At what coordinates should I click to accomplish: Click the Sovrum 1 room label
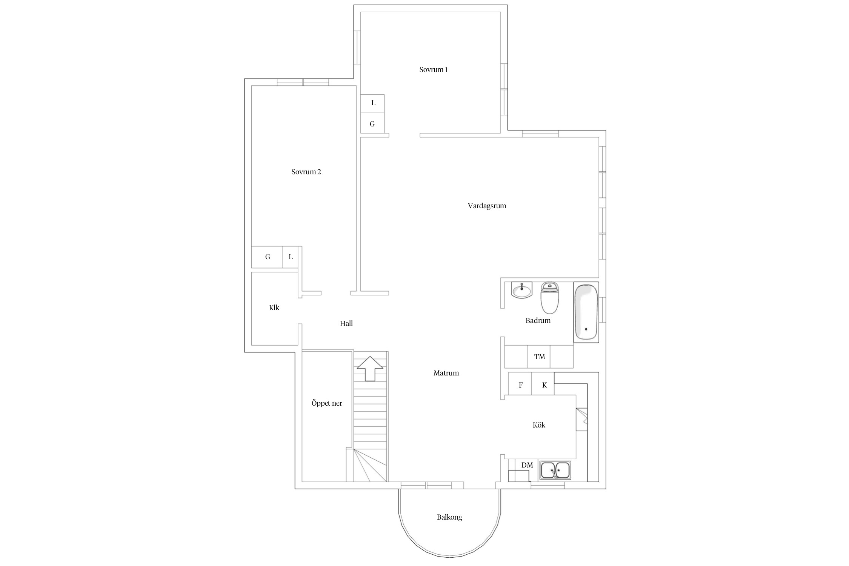tap(434, 70)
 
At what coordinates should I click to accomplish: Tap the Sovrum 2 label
tap(306, 172)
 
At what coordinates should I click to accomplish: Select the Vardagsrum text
tap(487, 206)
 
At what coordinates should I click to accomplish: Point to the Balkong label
tap(449, 517)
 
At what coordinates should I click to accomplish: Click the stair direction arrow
tap(370, 368)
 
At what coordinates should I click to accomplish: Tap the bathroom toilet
tap(550, 298)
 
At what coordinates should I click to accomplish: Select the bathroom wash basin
tap(522, 290)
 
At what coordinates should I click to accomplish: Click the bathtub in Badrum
tap(586, 312)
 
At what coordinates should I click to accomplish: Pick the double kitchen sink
tap(555, 470)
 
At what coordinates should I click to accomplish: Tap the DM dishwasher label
tap(527, 465)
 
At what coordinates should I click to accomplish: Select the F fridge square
tap(520, 384)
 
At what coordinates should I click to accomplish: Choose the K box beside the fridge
tap(543, 384)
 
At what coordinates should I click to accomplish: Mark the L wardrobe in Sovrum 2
tap(291, 257)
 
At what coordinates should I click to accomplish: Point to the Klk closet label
tap(274, 308)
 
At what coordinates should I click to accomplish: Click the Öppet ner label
tap(327, 403)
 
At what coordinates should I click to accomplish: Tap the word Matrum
tap(446, 373)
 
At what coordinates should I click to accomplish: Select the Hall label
tap(346, 324)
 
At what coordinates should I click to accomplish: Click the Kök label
tap(539, 425)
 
